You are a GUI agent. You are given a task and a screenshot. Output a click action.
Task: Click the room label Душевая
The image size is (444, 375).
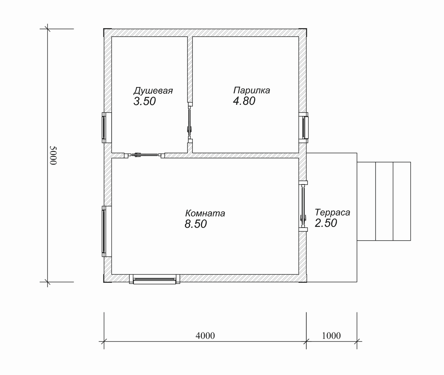click(x=153, y=91)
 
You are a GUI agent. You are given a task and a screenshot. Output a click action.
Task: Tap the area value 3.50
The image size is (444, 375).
click(x=145, y=101)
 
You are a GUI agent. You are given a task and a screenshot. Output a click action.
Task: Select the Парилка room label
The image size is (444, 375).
click(x=252, y=90)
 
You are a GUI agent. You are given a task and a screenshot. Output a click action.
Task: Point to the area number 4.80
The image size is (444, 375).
click(x=244, y=101)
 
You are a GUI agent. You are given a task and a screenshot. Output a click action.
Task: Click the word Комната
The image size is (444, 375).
click(x=205, y=213)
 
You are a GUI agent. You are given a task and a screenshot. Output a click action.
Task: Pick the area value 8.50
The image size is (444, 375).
click(x=196, y=224)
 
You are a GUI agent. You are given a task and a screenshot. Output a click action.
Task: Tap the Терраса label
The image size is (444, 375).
click(x=332, y=212)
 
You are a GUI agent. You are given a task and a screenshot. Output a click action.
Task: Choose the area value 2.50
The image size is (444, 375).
click(x=326, y=223)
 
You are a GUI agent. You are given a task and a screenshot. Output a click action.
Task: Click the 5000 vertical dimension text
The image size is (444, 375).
click(x=53, y=155)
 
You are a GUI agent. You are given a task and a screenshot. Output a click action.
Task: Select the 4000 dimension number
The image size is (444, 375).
click(x=205, y=336)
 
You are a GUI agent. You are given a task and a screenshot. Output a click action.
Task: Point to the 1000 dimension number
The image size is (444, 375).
click(x=331, y=336)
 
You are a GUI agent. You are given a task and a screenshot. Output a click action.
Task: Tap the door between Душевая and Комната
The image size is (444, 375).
click(x=144, y=155)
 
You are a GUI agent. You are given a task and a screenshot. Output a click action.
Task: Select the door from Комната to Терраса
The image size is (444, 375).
click(x=303, y=206)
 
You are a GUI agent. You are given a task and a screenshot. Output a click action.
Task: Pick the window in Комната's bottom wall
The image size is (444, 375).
click(x=155, y=279)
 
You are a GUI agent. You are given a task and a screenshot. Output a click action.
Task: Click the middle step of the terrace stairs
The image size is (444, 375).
click(x=384, y=201)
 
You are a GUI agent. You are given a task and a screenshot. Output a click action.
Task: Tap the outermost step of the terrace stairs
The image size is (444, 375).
click(x=402, y=201)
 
